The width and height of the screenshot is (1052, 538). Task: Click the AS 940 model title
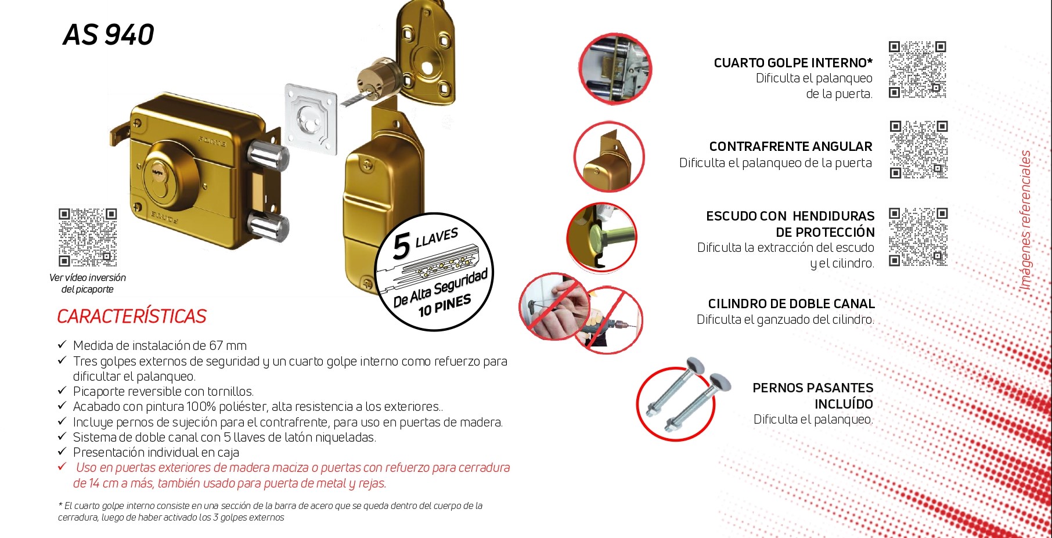[109, 35]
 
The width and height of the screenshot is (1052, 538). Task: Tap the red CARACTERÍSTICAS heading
[132, 316]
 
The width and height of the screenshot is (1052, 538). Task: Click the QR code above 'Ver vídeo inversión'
[88, 237]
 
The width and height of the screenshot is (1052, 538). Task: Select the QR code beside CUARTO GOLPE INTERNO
[917, 70]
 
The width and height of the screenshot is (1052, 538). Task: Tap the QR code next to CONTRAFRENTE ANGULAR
[918, 149]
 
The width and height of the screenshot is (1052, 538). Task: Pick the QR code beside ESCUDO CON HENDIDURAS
[918, 237]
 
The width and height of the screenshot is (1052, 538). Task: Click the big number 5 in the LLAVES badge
[402, 246]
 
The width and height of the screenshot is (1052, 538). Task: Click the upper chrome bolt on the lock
[268, 156]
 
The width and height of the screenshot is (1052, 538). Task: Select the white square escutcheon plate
[311, 120]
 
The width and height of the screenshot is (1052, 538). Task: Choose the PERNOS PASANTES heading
[813, 396]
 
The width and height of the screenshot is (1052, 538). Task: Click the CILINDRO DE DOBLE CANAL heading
[791, 304]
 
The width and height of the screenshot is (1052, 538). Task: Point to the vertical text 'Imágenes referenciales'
[1025, 220]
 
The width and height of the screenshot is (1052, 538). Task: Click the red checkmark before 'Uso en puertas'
[62, 467]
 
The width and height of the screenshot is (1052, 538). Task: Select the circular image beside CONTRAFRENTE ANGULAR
[609, 157]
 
